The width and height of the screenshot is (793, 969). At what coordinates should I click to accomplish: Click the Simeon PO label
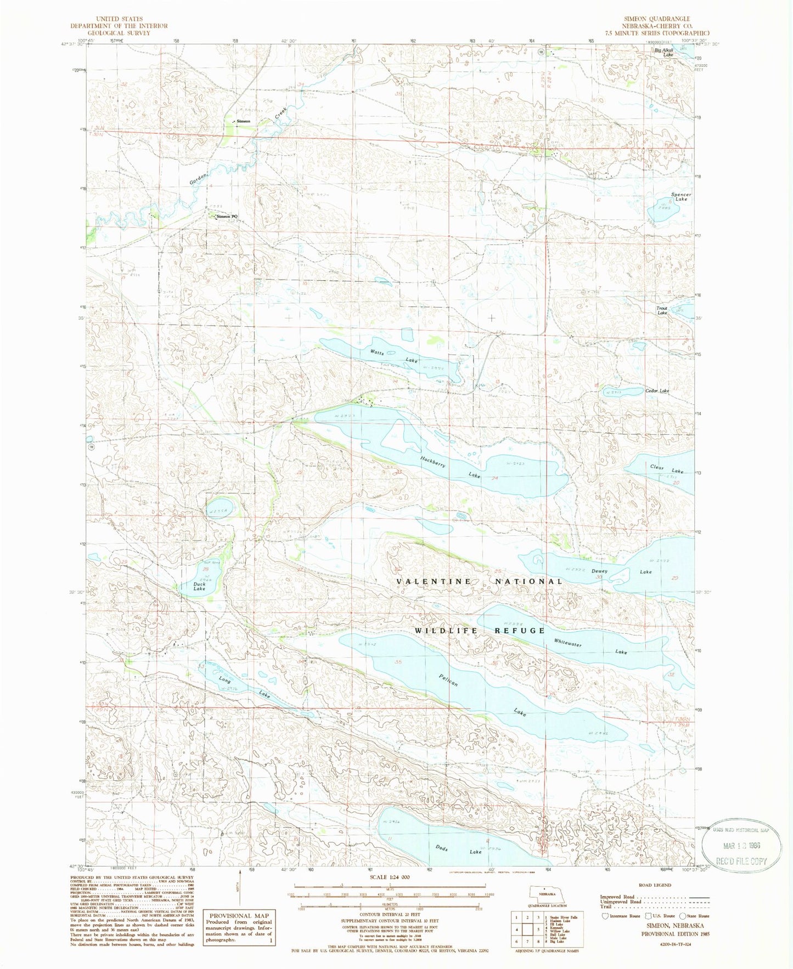[x=227, y=217]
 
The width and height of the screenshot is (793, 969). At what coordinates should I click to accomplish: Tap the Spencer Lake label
[x=681, y=197]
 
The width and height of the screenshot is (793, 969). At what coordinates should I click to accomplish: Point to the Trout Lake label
[x=662, y=310]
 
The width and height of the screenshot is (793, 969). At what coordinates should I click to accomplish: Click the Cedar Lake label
[x=657, y=391]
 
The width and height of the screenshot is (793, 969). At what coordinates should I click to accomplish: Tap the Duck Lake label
[x=199, y=586]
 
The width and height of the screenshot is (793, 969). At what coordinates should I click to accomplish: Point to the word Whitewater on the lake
[x=567, y=643]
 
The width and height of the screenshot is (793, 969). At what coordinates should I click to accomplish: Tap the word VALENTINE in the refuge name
[x=433, y=581]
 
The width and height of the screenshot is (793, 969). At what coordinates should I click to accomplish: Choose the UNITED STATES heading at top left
[x=119, y=19]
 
